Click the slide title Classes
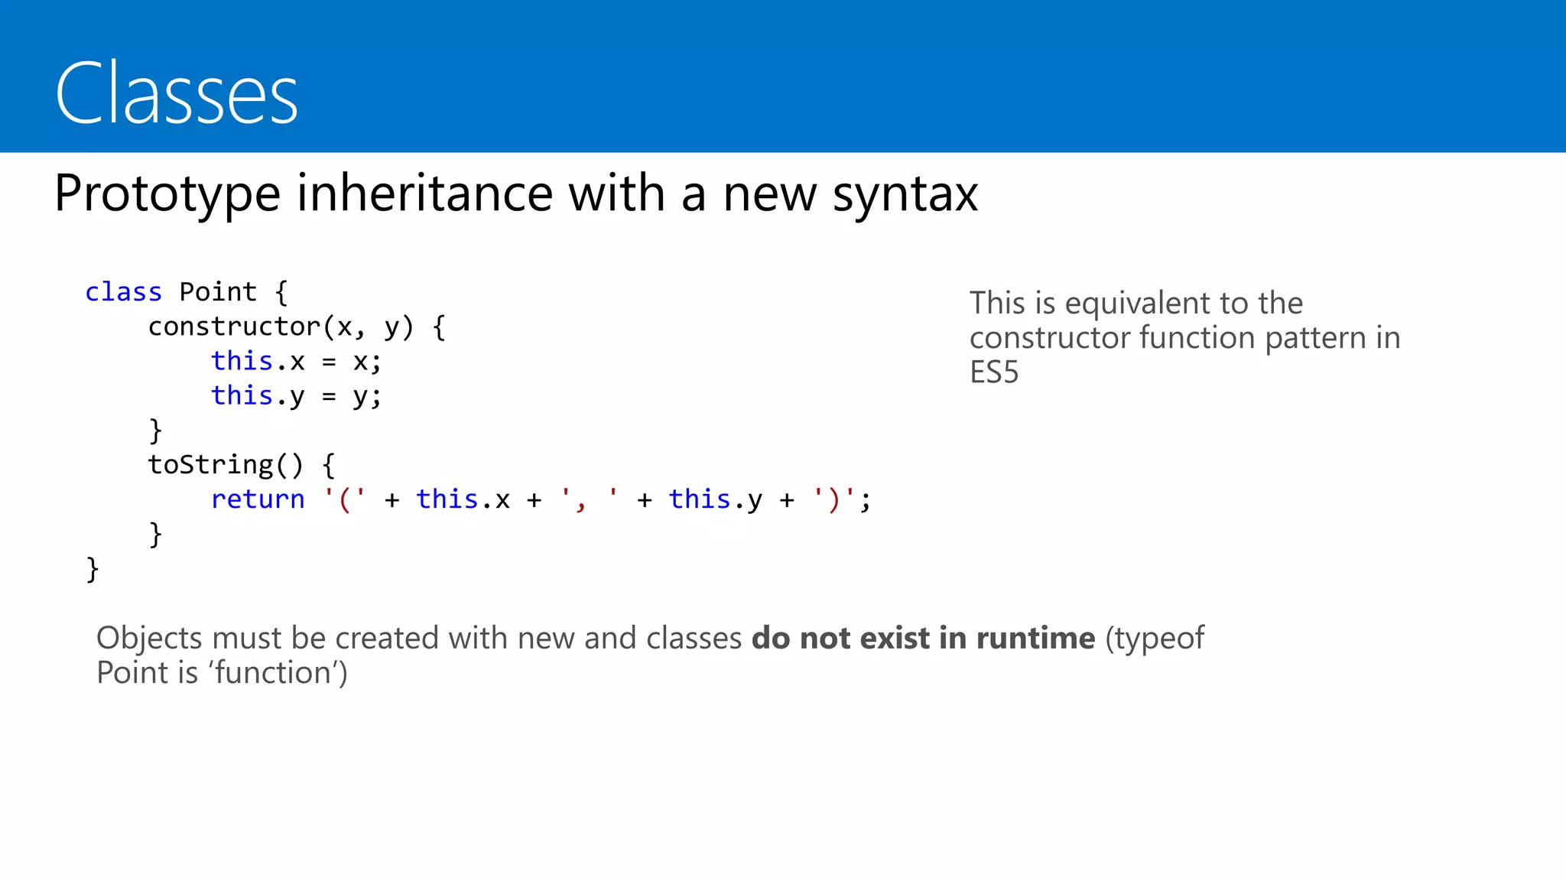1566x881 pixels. [177, 93]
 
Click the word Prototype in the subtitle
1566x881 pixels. [167, 193]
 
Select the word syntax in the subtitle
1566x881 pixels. [905, 193]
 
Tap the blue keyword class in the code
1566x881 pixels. [123, 292]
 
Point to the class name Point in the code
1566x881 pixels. [218, 292]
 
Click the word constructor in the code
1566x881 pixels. [234, 327]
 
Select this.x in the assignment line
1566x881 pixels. [258, 361]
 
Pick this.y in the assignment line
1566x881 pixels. [258, 396]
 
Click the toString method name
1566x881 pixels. [210, 465]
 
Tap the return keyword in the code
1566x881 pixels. [258, 499]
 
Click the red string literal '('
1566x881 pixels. [344, 499]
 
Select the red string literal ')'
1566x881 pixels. [833, 499]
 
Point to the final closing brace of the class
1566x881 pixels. [93, 569]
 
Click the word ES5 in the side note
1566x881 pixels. [994, 372]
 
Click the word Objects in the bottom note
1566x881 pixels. [149, 638]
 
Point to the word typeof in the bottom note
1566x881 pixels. [1159, 638]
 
